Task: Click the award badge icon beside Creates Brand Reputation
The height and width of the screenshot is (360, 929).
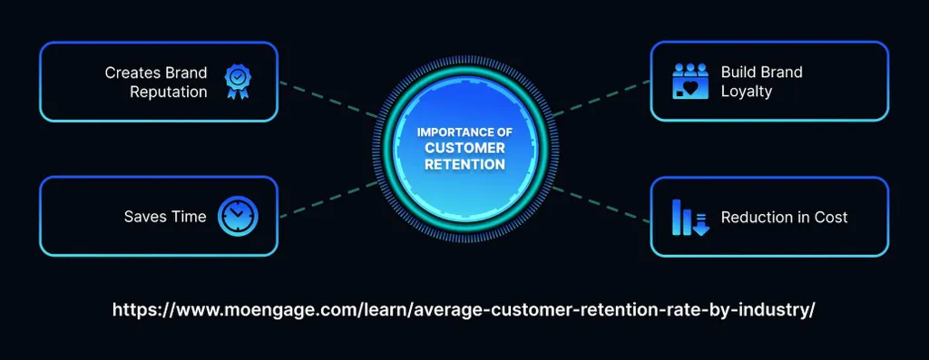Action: click(x=238, y=81)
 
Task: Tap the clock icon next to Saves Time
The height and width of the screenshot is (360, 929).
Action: click(x=238, y=217)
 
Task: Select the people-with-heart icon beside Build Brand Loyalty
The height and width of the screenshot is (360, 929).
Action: click(x=689, y=81)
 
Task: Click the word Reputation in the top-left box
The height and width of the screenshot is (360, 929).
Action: click(x=168, y=92)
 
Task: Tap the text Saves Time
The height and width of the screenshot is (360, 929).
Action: click(x=165, y=217)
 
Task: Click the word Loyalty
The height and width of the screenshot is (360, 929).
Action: click(x=747, y=92)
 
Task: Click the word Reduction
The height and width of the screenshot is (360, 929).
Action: click(x=757, y=217)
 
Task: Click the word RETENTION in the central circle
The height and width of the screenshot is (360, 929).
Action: click(x=464, y=165)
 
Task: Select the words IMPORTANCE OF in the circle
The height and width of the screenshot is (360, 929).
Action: click(x=464, y=132)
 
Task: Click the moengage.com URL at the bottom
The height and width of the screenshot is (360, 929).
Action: click(x=464, y=309)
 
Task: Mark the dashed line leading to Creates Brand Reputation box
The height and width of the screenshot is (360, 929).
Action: click(x=327, y=100)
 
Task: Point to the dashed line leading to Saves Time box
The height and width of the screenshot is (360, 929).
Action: click(x=327, y=199)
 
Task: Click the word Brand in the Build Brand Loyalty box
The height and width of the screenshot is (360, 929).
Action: click(x=781, y=73)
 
